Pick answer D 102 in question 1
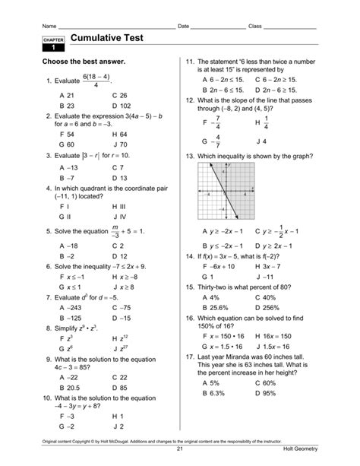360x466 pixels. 121,106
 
